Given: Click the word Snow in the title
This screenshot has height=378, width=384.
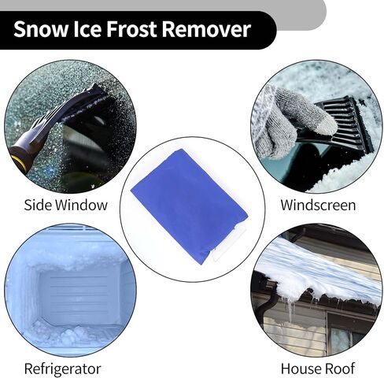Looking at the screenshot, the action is pyautogui.click(x=40, y=29).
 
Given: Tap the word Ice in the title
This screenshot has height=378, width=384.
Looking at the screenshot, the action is pyautogui.click(x=87, y=28).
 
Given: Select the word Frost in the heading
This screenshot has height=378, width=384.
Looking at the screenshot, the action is pyautogui.click(x=131, y=28).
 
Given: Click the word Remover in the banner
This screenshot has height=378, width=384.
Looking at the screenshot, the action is pyautogui.click(x=206, y=29).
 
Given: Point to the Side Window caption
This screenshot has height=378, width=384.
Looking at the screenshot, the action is pyautogui.click(x=66, y=205).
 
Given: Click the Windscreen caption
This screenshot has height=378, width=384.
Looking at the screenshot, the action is pyautogui.click(x=318, y=205).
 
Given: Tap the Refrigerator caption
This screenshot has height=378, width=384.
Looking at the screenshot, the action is pyautogui.click(x=62, y=369).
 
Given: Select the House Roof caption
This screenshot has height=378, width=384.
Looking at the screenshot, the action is pyautogui.click(x=318, y=369).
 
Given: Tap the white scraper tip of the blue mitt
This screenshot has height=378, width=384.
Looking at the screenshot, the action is pyautogui.click(x=228, y=243).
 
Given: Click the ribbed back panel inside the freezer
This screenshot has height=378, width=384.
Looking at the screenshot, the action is pyautogui.click(x=79, y=294).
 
